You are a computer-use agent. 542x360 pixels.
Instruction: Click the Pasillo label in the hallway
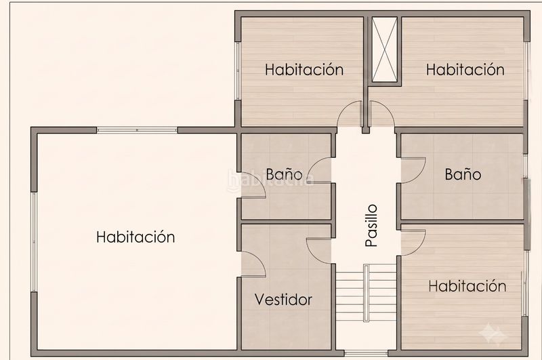coord(371,226)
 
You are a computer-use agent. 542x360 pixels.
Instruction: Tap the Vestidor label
coord(283,300)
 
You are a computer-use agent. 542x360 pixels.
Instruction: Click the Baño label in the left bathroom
coord(284,174)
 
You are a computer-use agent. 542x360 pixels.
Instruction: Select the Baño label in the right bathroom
coord(463,174)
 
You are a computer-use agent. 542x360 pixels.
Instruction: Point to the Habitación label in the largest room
coord(135,237)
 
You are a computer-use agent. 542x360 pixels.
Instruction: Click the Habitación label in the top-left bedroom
coord(304,70)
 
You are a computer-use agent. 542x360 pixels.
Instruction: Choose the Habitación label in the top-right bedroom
coord(465,70)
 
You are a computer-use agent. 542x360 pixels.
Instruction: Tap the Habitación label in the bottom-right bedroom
coord(467,286)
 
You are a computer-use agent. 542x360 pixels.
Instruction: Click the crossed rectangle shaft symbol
coord(384,49)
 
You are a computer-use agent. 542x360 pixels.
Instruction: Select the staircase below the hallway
coord(366,293)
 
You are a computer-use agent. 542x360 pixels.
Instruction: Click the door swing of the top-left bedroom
coord(350,115)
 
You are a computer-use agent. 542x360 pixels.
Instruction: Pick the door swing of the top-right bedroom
coord(381,115)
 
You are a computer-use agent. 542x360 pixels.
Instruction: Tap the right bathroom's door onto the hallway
coord(413,171)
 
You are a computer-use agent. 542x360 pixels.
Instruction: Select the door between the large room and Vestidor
coord(253,264)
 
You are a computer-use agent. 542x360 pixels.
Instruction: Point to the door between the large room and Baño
coord(253,185)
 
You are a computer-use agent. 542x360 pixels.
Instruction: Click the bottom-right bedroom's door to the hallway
coord(413,243)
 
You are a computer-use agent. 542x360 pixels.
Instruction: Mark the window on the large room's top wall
coord(137,130)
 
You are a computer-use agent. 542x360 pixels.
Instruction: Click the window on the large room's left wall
coord(34,242)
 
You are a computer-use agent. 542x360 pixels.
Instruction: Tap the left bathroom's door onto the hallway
coord(319,170)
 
